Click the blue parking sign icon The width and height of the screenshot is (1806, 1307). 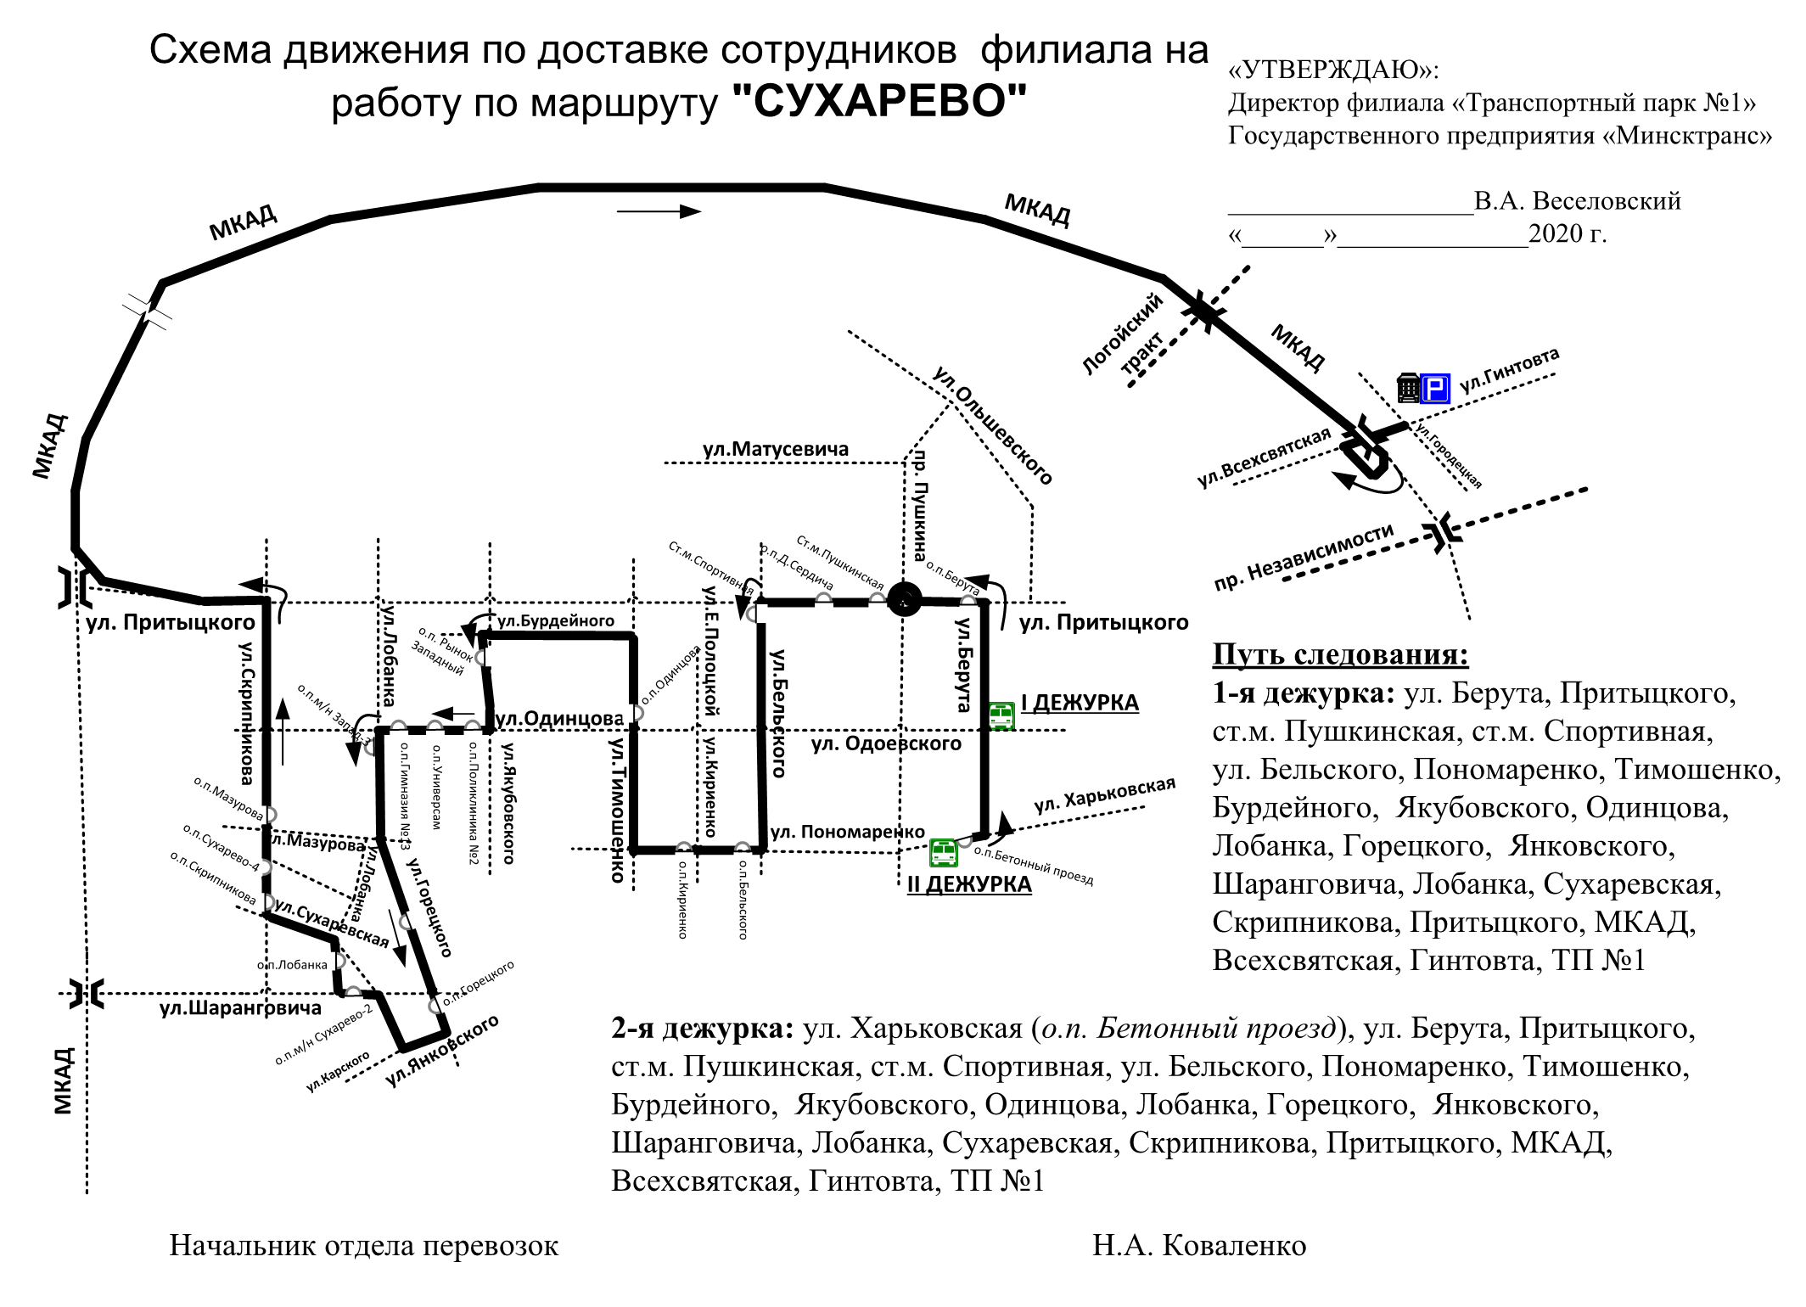(x=1435, y=388)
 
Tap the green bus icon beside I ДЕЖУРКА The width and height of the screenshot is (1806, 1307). (x=1001, y=715)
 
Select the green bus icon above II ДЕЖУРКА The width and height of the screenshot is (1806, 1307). (x=944, y=851)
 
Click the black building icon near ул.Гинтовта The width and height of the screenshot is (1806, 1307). (x=1408, y=387)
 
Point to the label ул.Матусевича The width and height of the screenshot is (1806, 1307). (x=776, y=449)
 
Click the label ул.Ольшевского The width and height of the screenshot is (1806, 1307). (x=993, y=425)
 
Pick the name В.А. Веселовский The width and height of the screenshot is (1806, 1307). (x=1577, y=201)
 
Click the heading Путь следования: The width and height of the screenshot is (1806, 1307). (x=1340, y=654)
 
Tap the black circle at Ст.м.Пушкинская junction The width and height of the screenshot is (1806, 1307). (x=905, y=600)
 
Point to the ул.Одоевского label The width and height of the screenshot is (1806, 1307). (x=886, y=744)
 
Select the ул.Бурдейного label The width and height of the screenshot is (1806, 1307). (x=556, y=620)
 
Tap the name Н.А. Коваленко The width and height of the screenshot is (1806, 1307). (x=1199, y=1246)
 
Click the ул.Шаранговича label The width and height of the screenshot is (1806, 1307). (x=241, y=1008)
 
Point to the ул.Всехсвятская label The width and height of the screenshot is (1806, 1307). (x=1264, y=457)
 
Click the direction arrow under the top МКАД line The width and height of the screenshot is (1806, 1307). (x=659, y=211)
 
